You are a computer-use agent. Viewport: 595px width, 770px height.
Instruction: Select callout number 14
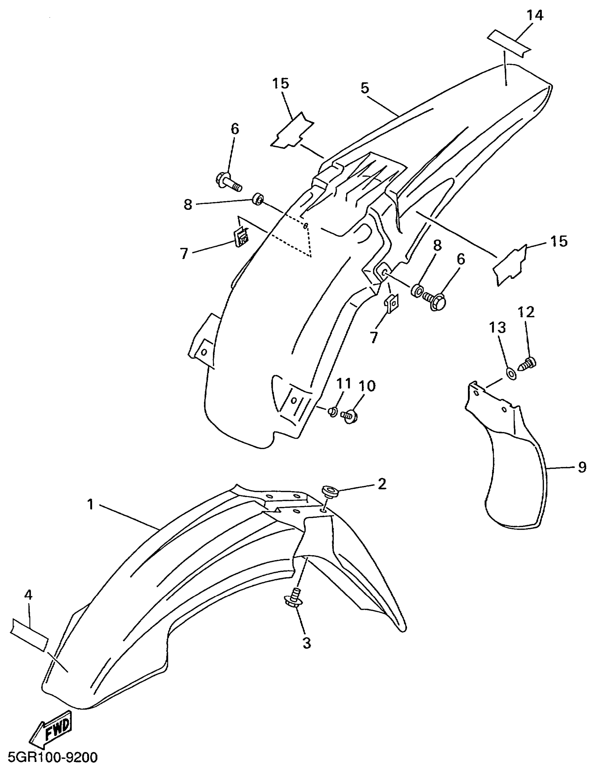(x=535, y=15)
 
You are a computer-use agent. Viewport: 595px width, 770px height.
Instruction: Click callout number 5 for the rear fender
(x=365, y=88)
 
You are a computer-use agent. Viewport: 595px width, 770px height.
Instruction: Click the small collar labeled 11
(x=332, y=411)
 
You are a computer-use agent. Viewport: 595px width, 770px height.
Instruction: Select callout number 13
(x=497, y=328)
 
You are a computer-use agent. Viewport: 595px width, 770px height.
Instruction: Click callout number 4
(x=29, y=595)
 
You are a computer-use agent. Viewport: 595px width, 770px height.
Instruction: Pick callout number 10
(x=366, y=386)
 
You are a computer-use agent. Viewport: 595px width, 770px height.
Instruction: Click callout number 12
(x=526, y=312)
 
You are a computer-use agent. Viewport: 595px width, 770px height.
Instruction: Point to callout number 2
(x=381, y=484)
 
